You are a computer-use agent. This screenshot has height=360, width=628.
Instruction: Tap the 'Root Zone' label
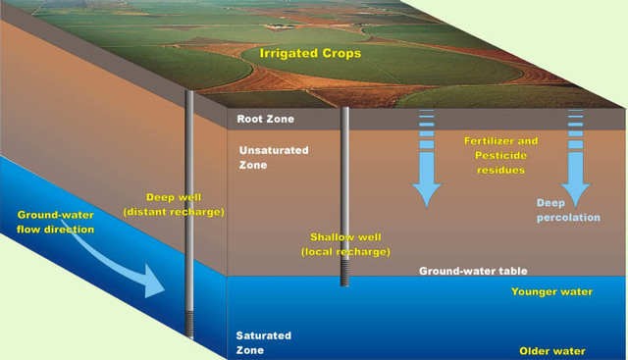265,120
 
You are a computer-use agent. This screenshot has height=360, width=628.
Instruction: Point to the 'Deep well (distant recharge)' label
174,204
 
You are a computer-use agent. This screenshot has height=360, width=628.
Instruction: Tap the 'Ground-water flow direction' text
56,222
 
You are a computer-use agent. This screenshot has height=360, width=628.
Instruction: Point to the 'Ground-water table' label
473,271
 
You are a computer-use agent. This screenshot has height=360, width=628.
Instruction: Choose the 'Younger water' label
549,291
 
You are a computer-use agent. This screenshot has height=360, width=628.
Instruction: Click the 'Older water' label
552,350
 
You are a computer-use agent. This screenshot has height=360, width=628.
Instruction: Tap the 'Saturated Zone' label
260,341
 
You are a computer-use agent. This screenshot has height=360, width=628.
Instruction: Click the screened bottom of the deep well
190,324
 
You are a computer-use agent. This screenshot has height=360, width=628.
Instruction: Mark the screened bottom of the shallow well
344,274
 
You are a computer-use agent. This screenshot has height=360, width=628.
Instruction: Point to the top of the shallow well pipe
344,111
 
